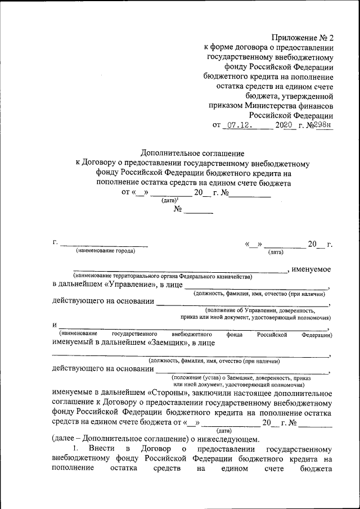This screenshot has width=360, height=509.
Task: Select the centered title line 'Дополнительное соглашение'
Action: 192,153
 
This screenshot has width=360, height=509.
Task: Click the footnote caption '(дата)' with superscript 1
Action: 170,200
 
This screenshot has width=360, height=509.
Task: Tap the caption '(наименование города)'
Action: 106,251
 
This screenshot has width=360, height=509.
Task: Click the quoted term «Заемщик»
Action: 168,341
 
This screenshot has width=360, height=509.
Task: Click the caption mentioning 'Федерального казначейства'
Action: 162,276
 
